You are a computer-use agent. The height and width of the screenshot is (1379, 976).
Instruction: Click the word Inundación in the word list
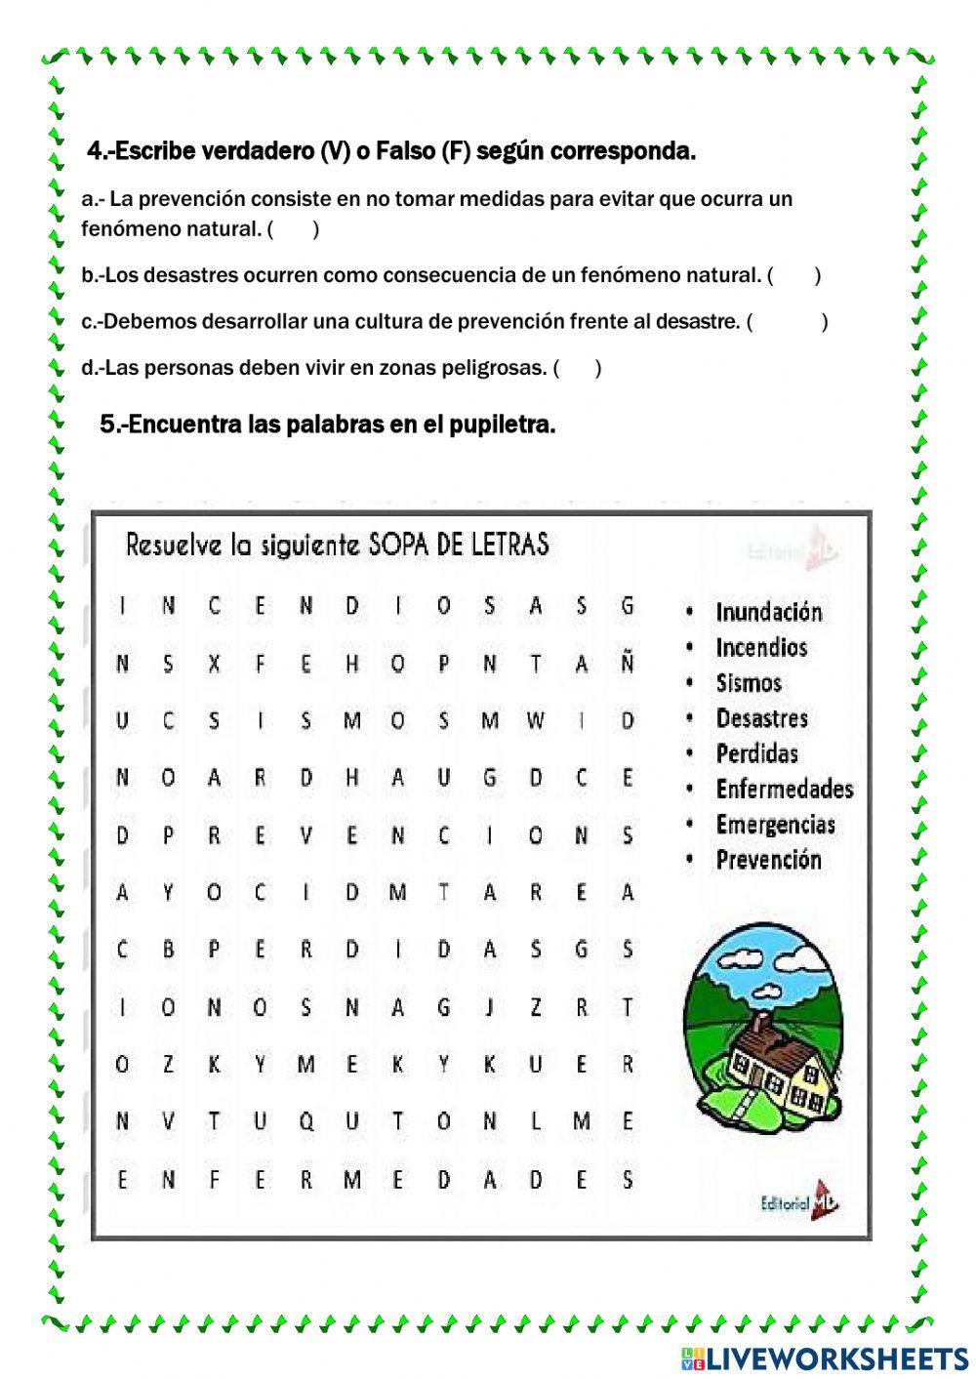point(768,613)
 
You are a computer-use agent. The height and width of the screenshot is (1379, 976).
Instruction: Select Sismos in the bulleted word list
point(749,683)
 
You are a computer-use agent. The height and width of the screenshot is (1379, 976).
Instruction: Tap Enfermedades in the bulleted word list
point(784,790)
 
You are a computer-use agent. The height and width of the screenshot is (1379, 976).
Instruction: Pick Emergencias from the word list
point(775,825)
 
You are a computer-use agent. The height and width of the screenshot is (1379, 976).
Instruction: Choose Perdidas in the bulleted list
point(756,754)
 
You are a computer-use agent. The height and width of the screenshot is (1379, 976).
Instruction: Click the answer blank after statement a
point(293,230)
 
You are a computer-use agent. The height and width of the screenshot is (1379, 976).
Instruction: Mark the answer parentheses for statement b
point(793,276)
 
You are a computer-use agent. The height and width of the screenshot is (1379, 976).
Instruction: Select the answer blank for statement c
point(787,322)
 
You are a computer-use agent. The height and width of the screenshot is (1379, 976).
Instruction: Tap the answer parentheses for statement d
point(577,368)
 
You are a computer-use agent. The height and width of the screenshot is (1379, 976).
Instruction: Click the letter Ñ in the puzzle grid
point(628,664)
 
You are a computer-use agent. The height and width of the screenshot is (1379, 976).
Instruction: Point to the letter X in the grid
point(214,664)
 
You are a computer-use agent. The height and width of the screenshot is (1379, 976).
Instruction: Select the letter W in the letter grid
point(536,721)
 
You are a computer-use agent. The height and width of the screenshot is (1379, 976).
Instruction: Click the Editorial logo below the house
point(799,1202)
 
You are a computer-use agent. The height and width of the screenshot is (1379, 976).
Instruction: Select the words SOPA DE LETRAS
point(458,544)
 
